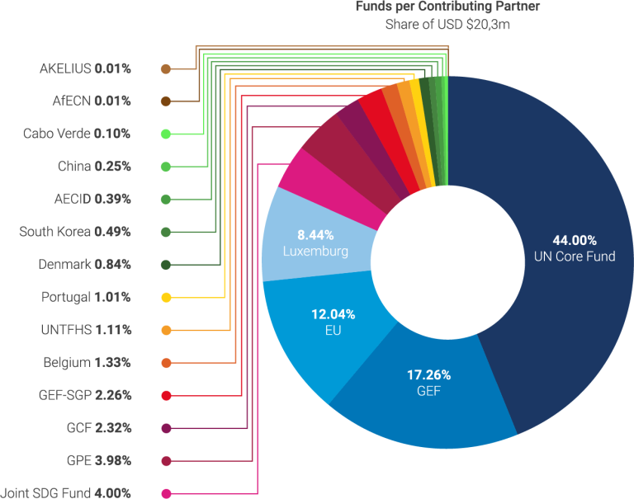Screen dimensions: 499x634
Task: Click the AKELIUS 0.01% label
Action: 85,68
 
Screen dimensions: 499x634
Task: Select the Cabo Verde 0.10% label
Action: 77,134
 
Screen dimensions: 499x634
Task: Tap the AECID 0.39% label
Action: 92,199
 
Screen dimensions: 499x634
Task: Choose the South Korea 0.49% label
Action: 75,232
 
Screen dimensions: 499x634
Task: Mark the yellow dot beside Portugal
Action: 166,297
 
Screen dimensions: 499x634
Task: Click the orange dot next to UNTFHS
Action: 166,330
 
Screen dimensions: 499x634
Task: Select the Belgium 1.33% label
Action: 87,362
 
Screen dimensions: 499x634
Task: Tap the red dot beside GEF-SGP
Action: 166,395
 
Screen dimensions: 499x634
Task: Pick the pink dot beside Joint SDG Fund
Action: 166,493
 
